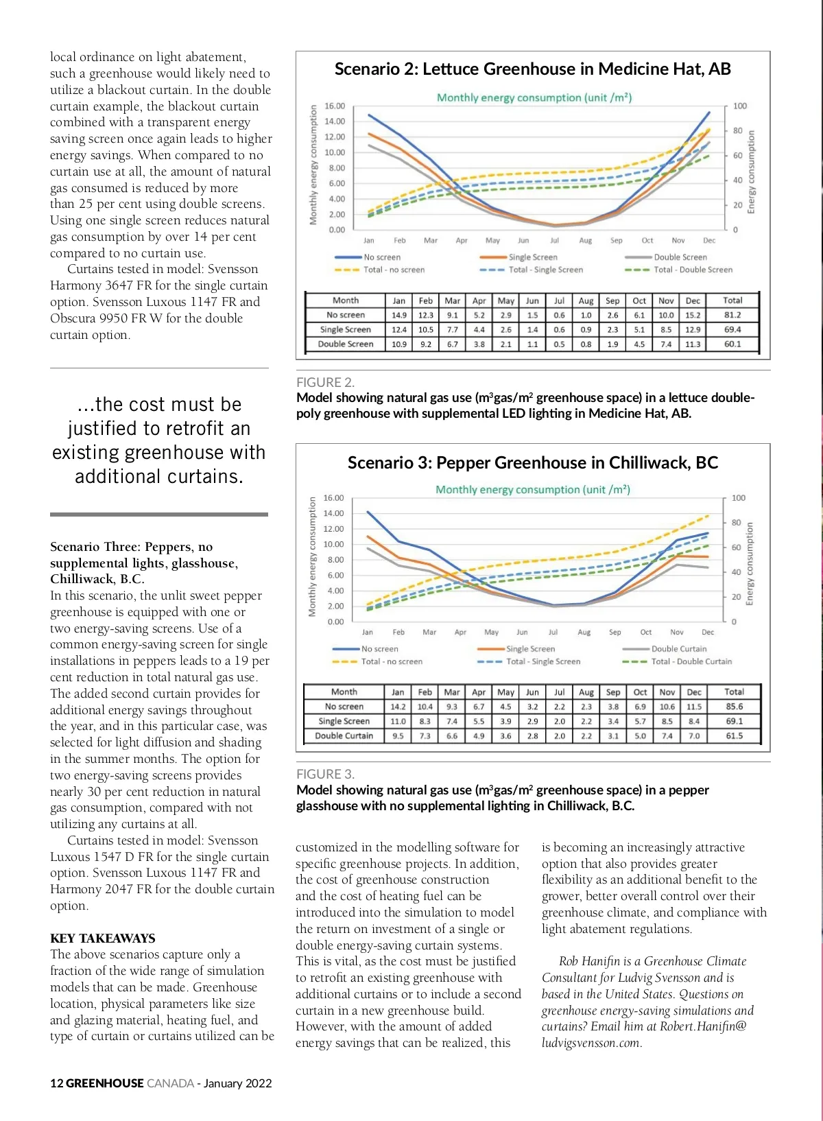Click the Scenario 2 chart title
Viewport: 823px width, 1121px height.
pos(532,69)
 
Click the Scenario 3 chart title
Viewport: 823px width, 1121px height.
pos(532,463)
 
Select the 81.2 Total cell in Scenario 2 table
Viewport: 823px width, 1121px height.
pos(732,316)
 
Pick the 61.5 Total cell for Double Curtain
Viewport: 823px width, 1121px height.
pos(734,736)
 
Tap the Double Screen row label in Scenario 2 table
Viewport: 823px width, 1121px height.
pos(346,344)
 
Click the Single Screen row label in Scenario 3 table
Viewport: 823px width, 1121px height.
pos(344,722)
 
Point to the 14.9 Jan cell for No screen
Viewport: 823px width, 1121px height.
pos(399,316)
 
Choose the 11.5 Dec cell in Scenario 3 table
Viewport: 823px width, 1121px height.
pos(694,707)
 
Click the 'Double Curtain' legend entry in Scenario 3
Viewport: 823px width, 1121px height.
pos(678,649)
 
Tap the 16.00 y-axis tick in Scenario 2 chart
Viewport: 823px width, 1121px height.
pos(335,106)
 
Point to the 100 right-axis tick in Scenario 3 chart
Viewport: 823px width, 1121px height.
pos(739,498)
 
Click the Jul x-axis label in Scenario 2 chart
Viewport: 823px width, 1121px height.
pos(554,241)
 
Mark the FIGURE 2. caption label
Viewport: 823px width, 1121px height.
pos(325,383)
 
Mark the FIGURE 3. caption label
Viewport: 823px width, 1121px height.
pos(325,775)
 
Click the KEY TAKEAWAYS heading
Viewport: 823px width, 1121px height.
pos(104,939)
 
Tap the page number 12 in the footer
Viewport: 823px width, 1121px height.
pos(56,1084)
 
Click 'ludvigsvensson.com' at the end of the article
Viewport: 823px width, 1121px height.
pos(591,1043)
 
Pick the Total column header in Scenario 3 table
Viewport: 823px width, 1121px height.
pos(734,692)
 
